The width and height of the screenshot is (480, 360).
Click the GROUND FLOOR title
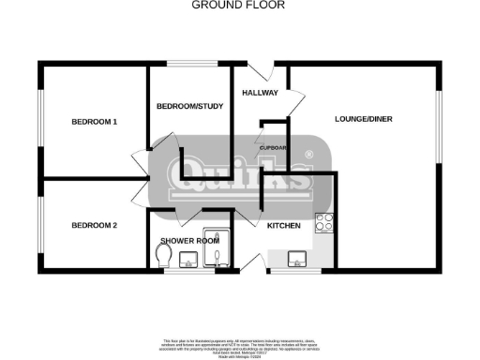[239, 5]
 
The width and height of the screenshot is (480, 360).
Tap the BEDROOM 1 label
[95, 122]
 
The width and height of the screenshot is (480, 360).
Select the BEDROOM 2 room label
[95, 225]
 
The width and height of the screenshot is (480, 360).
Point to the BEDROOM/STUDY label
[188, 107]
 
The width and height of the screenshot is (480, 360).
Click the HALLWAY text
[260, 93]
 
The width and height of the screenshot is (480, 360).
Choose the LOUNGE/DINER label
[364, 119]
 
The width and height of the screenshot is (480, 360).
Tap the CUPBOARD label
[273, 148]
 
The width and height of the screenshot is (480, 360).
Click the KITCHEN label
[284, 227]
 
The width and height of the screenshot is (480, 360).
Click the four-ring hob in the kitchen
[325, 223]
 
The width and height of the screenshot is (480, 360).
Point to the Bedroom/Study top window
[192, 65]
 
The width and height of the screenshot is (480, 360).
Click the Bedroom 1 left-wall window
[39, 120]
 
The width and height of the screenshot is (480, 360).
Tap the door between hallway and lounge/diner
[295, 103]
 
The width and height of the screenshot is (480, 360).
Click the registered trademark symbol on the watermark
[310, 155]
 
